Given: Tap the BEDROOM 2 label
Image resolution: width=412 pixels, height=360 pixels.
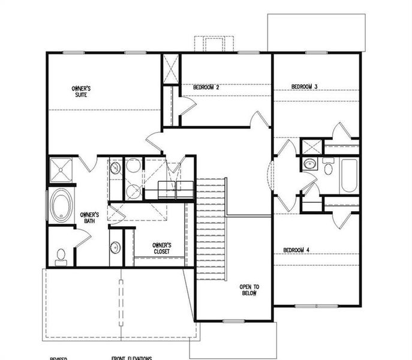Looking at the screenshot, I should pyautogui.click(x=206, y=88).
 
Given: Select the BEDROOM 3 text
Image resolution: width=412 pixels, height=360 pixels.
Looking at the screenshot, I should pyautogui.click(x=304, y=87).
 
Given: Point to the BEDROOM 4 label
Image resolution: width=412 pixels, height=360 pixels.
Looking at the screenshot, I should pyautogui.click(x=296, y=250).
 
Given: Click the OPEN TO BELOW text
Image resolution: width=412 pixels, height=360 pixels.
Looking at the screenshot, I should pyautogui.click(x=249, y=290).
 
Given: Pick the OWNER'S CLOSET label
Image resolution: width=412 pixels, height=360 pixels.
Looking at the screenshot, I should pyautogui.click(x=161, y=248).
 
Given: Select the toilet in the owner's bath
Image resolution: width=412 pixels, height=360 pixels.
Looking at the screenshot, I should pyautogui.click(x=60, y=257).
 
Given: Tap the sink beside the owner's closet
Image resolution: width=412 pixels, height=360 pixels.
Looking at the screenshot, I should pyautogui.click(x=115, y=246).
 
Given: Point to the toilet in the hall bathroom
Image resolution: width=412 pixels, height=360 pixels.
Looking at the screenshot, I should pyautogui.click(x=328, y=167).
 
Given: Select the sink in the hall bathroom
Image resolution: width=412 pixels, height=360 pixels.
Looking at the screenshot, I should pyautogui.click(x=310, y=163).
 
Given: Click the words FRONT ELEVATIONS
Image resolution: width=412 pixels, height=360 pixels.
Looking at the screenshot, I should pyautogui.click(x=131, y=358).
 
